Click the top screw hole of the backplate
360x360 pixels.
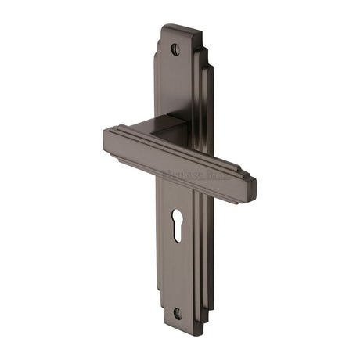click(x=175, y=49)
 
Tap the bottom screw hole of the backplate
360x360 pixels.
click(x=177, y=313)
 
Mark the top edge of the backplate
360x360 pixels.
click(x=176, y=28)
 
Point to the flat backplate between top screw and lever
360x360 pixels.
click(x=174, y=86)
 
